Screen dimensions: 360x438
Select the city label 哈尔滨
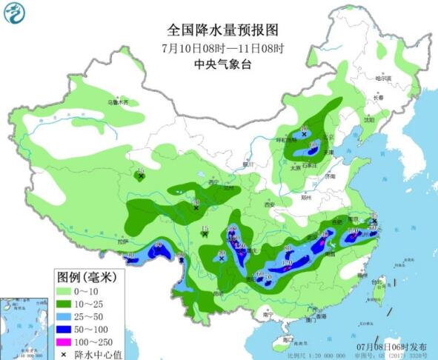(382, 78)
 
